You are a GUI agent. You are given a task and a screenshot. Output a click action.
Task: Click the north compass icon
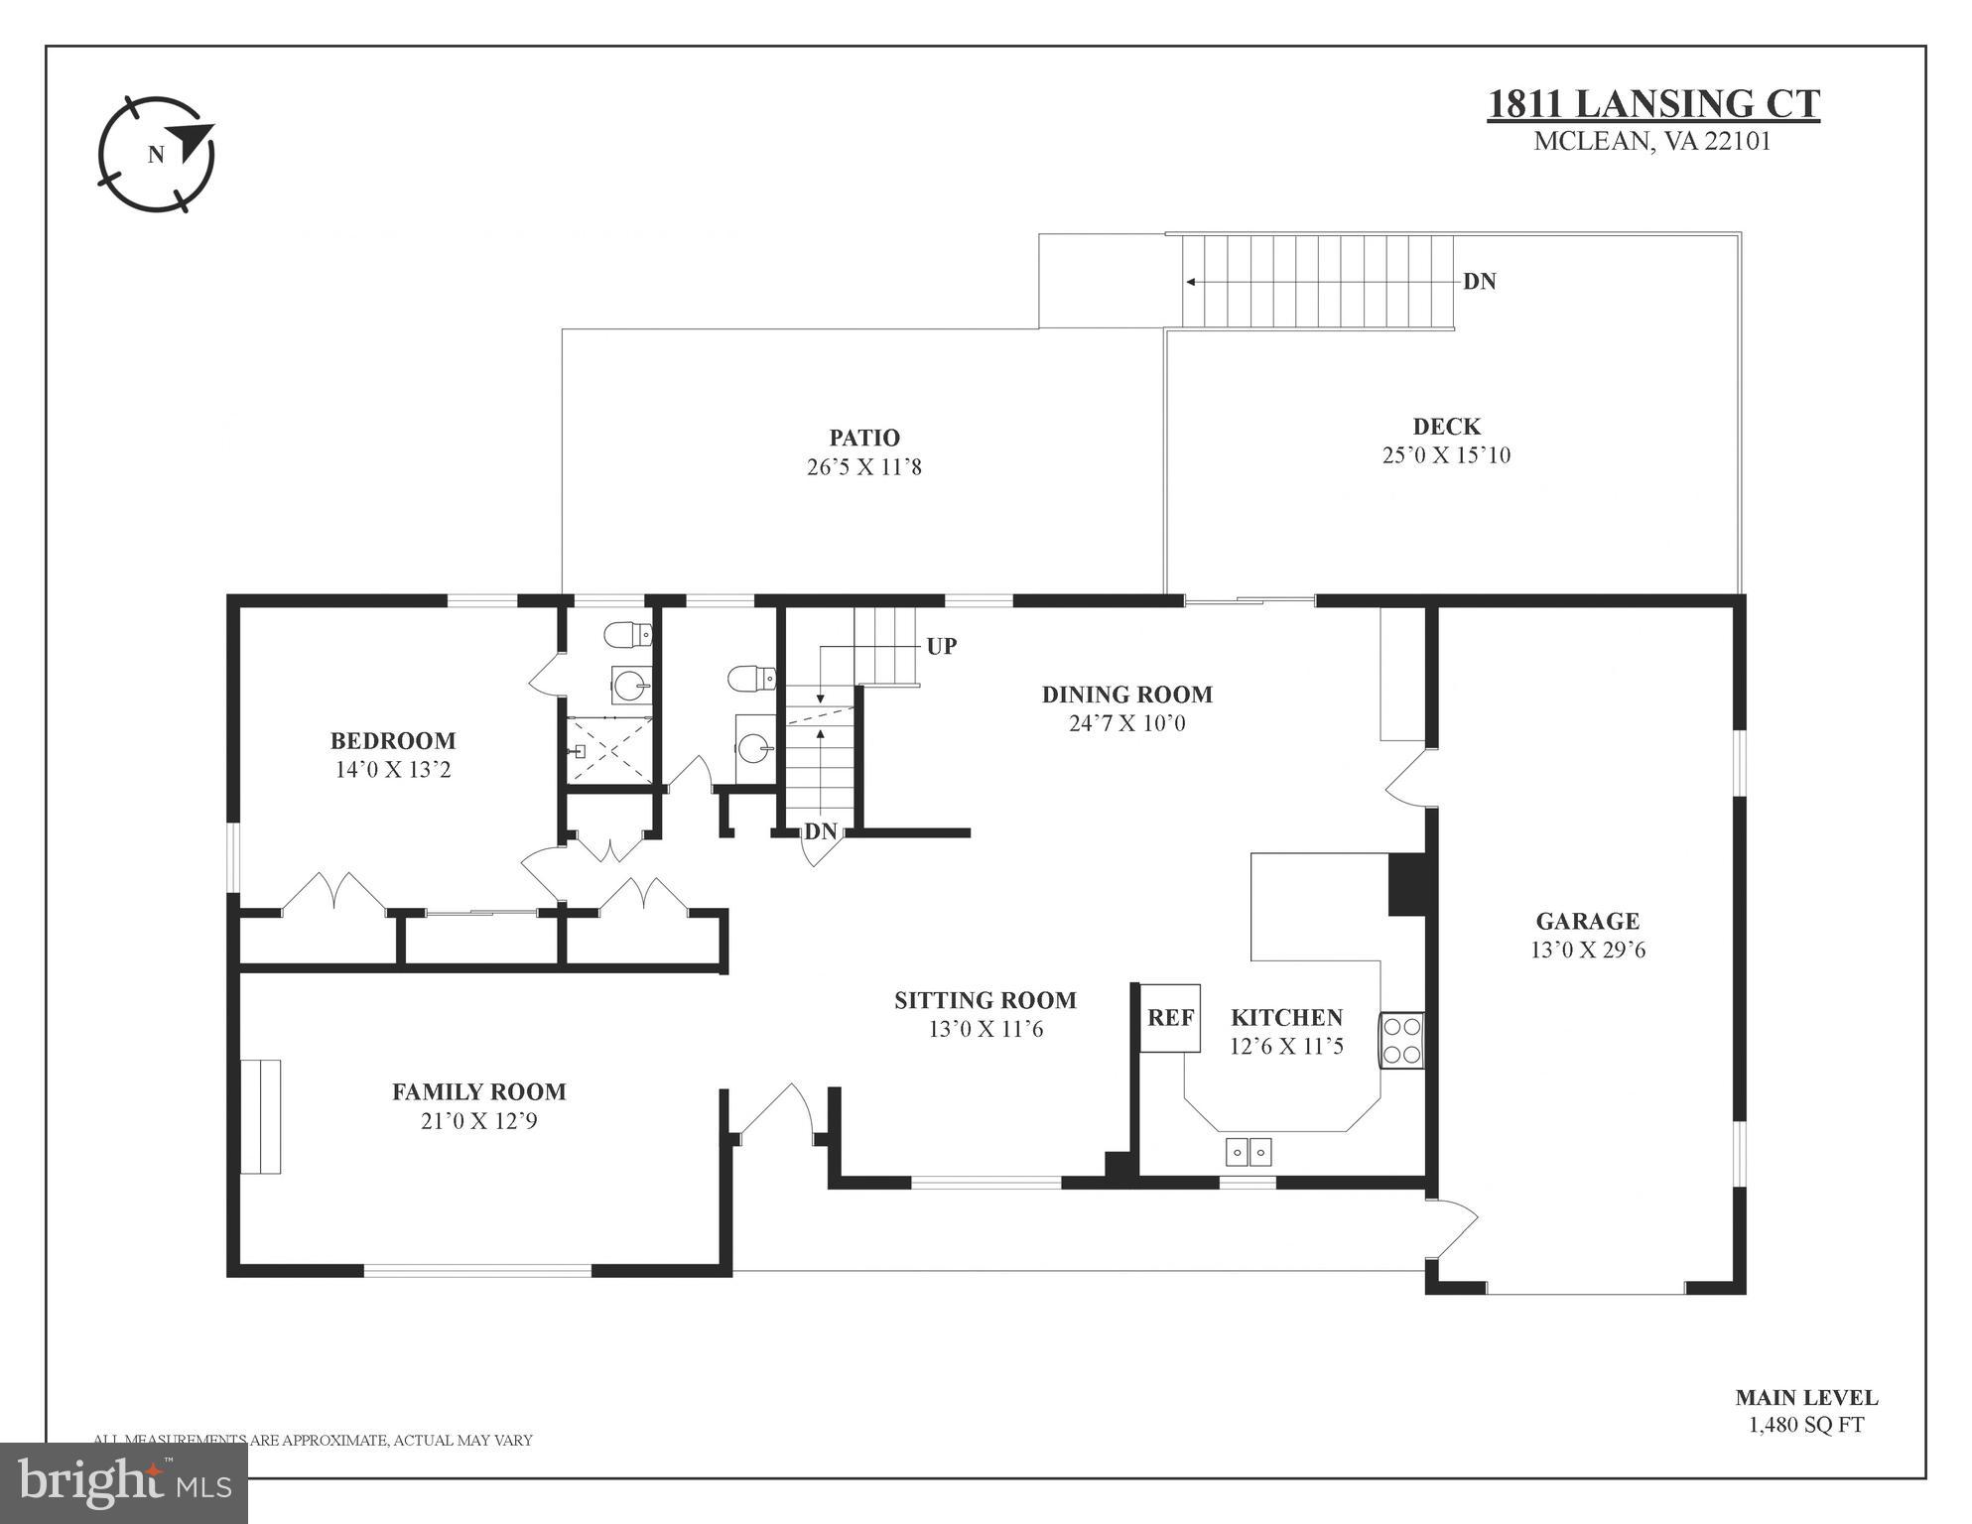[x=157, y=154]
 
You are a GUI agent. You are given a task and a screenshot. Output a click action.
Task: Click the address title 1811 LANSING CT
[x=1653, y=104]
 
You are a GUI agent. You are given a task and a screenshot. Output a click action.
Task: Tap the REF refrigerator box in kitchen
[x=1170, y=1018]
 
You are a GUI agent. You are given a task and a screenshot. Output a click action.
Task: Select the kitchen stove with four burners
[x=1401, y=1040]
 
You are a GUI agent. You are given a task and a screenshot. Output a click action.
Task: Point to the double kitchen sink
[x=1249, y=1151]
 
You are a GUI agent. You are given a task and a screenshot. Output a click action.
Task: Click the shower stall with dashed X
[x=608, y=750]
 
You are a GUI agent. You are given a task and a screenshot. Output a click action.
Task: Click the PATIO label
[x=864, y=438]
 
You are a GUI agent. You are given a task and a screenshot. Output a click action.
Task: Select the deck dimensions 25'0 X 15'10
[x=1446, y=455]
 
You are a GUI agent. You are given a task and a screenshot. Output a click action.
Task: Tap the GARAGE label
[x=1587, y=921]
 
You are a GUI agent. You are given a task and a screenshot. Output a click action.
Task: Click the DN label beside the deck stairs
[x=1479, y=282]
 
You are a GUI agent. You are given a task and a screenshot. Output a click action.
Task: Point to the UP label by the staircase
[x=941, y=646]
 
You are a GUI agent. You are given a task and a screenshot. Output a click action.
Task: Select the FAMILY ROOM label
[x=479, y=1091]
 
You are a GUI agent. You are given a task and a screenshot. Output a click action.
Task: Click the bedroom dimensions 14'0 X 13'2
[x=393, y=770]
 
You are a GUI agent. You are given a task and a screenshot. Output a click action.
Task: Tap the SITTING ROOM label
[x=985, y=1000]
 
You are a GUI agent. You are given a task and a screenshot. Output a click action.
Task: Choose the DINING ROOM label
[x=1126, y=695]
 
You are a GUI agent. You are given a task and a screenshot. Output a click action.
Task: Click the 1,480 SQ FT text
[x=1805, y=1426]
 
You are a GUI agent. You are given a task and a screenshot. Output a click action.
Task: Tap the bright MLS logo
[x=124, y=1482]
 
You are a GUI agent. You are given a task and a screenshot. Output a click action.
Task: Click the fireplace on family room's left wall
[x=261, y=1116]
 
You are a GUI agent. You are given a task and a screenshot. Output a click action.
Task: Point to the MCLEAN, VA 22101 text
[x=1651, y=142]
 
